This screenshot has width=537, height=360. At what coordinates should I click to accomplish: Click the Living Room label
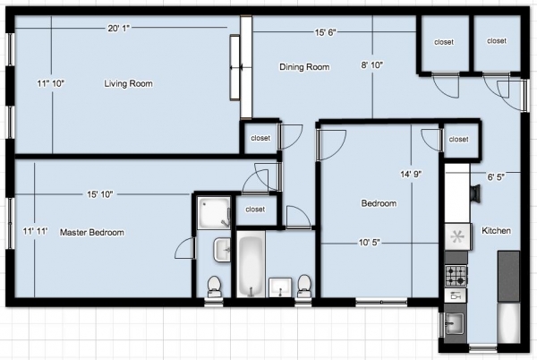click(128, 83)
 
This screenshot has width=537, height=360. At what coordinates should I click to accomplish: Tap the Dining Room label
click(304, 67)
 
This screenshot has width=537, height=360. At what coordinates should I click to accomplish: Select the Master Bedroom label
click(92, 232)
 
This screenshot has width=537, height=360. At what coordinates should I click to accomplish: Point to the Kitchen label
click(496, 230)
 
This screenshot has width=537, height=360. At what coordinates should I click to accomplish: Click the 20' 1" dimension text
click(118, 28)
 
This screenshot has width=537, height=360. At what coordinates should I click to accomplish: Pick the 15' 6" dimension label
click(326, 32)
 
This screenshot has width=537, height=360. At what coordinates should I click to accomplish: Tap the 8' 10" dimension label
click(372, 64)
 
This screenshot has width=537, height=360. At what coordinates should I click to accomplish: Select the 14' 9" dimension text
click(411, 174)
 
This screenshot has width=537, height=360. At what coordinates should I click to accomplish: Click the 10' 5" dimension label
click(369, 243)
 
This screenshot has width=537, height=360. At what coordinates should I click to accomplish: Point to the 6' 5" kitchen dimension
click(496, 176)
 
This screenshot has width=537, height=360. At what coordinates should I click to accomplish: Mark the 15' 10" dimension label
click(99, 194)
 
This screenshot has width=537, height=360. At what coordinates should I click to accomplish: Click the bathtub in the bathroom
click(251, 263)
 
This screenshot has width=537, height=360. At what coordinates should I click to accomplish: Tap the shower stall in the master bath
click(214, 212)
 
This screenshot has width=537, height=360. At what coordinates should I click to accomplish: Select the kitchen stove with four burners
click(456, 276)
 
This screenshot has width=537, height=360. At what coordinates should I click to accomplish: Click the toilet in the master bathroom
click(215, 287)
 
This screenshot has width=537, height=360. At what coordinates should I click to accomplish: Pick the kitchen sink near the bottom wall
click(454, 323)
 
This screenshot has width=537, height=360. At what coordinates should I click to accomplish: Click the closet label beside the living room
click(260, 138)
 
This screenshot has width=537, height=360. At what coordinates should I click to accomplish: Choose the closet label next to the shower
click(255, 209)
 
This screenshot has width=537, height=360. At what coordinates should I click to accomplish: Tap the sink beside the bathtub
click(280, 287)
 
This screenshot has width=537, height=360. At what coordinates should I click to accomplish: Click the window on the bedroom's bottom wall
click(381, 302)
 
